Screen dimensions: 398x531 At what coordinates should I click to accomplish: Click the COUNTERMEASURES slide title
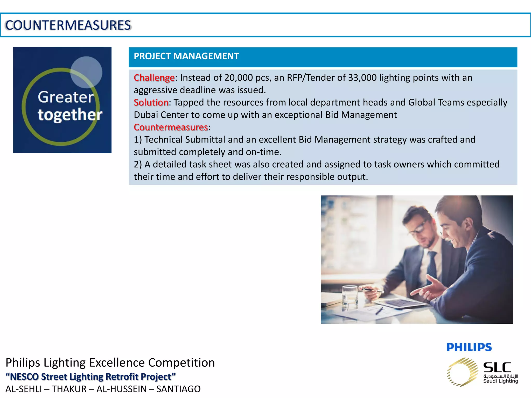(68, 25)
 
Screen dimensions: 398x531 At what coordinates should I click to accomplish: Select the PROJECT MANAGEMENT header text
(186, 56)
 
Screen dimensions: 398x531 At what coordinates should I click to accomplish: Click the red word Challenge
(154, 78)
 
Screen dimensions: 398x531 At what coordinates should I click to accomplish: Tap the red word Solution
(151, 103)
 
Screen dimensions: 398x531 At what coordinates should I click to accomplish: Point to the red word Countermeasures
(171, 127)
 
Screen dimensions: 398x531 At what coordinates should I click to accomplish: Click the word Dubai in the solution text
(146, 115)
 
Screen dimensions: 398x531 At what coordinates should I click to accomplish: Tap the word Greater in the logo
(66, 97)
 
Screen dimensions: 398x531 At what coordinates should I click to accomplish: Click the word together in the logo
(70, 115)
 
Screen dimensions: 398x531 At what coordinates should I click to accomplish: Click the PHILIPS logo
(469, 347)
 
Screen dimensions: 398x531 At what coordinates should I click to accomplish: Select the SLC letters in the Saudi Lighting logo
(497, 367)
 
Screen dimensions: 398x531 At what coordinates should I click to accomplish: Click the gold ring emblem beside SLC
(462, 372)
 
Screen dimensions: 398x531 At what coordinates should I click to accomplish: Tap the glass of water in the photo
(350, 298)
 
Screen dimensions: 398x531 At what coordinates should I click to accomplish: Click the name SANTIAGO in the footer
(178, 389)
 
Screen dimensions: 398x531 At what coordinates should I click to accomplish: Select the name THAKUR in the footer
(69, 389)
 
